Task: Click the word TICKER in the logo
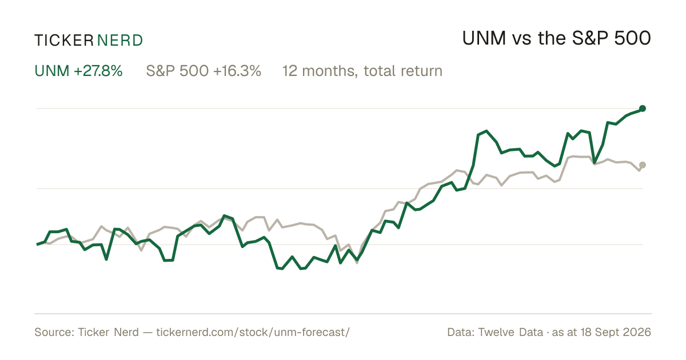pos(63,41)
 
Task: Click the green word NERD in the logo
pos(120,41)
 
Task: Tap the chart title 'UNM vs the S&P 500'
pos(556,38)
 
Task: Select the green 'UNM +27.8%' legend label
pos(78,71)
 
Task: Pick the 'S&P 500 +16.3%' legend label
pos(204,71)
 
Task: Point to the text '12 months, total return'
pos(362,71)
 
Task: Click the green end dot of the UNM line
pos(643,109)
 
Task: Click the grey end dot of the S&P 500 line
pos(643,165)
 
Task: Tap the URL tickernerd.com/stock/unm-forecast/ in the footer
pos(253,332)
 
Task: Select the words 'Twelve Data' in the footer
pos(510,332)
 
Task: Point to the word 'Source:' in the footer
pos(54,332)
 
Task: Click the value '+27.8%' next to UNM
pos(98,71)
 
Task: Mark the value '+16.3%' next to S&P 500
pos(237,71)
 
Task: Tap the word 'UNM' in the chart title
pos(484,38)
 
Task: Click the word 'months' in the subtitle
pos(330,71)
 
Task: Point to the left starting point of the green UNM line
pos(37,245)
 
